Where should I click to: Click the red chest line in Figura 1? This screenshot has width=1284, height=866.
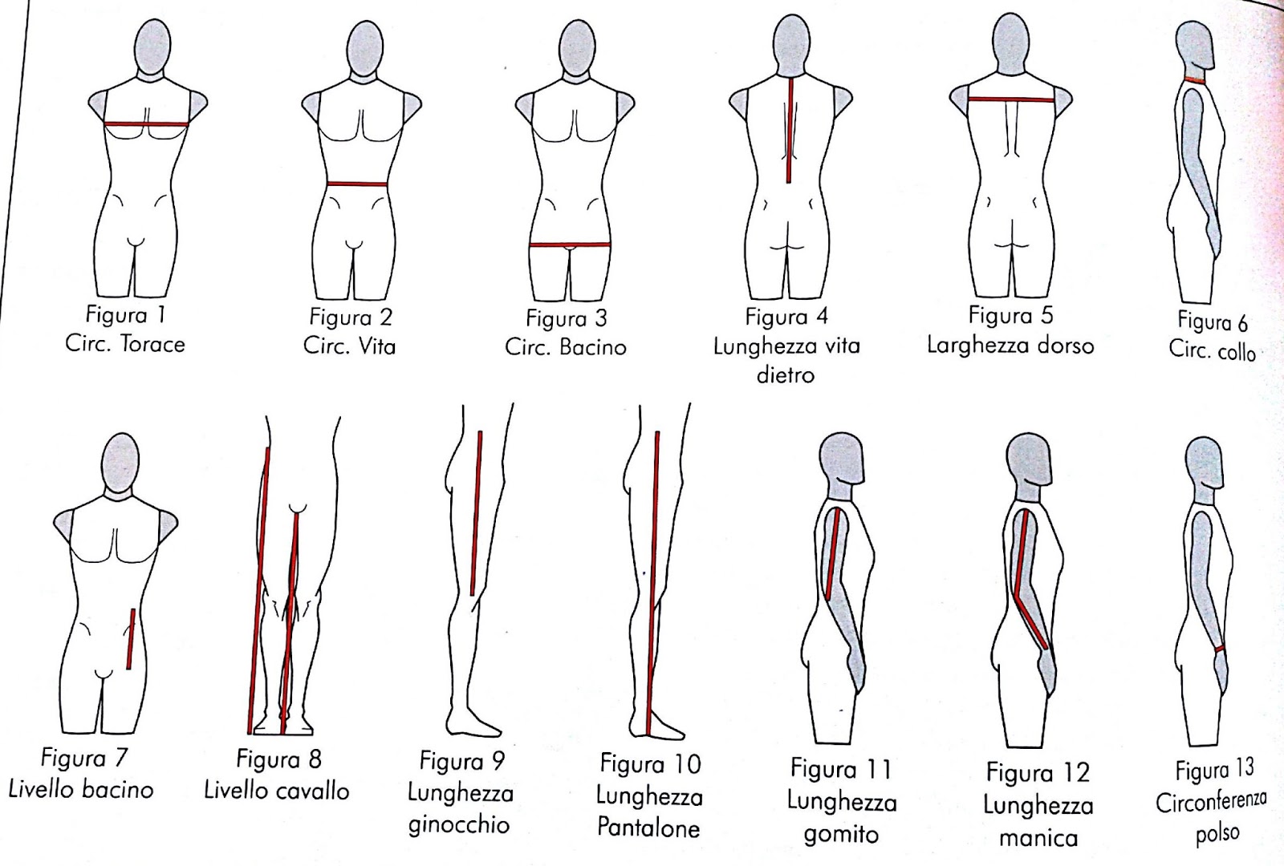click(147, 124)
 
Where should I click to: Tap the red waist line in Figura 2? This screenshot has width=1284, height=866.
click(357, 184)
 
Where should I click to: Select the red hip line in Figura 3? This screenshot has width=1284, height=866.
click(570, 244)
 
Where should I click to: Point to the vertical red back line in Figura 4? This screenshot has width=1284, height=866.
click(790, 132)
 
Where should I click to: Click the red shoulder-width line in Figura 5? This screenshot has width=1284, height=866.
click(1010, 99)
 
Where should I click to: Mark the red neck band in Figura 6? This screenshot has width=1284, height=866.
click(1197, 79)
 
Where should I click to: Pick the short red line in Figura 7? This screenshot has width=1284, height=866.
click(129, 638)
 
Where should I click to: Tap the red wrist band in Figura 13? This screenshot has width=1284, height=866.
click(1219, 648)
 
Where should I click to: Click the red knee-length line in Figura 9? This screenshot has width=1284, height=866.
click(477, 513)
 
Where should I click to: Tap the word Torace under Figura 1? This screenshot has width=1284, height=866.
click(152, 345)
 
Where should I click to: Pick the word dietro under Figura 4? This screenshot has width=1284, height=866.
click(785, 374)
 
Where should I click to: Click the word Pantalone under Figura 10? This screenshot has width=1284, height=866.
click(648, 827)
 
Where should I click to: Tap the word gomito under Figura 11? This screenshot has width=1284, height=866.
click(840, 834)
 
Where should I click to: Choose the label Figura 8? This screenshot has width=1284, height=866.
click(278, 759)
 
